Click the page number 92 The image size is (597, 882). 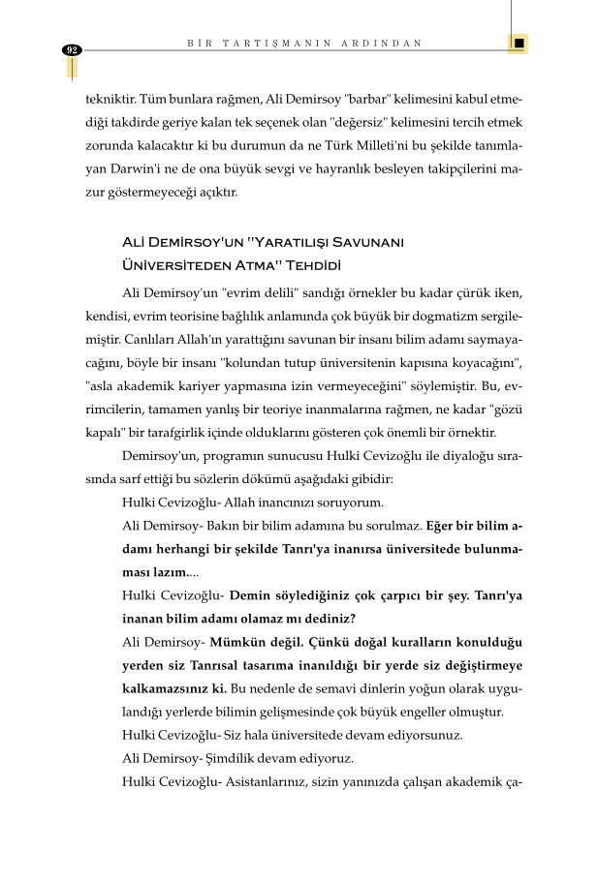click(x=72, y=49)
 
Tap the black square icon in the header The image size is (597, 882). click(x=519, y=44)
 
